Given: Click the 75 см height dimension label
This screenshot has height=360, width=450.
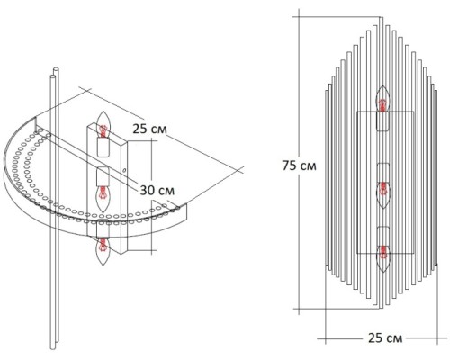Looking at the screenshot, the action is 299,166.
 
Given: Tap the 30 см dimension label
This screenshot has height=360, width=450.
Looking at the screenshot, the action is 157,190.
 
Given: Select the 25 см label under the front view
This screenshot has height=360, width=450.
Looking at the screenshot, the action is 385,338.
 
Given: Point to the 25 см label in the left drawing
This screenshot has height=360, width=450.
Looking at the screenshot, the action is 150,129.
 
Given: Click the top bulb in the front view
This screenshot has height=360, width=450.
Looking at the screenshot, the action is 382,99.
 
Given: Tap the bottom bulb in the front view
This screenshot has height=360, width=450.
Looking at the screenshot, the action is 382,258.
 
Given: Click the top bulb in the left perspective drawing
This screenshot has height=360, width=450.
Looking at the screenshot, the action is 103,124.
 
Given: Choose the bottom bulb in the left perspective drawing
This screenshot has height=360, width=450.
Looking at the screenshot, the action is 103,251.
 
